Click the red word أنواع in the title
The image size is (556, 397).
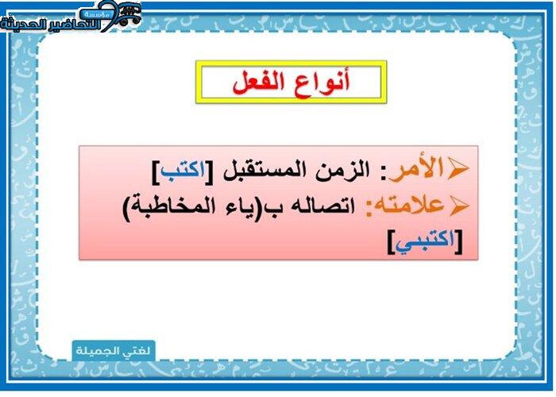tap(322, 83)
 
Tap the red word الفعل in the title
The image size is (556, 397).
tap(259, 83)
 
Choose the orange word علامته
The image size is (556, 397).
tap(404, 205)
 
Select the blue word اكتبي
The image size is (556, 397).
tap(425, 242)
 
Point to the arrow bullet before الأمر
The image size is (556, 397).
tap(458, 169)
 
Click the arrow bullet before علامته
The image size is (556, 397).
tap(458, 206)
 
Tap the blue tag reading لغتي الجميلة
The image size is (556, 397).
tap(114, 351)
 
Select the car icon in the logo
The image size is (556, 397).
tap(129, 15)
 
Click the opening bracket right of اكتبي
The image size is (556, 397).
tap(459, 242)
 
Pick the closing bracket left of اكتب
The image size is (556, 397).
tap(156, 172)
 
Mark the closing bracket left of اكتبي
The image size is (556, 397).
tap(391, 242)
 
